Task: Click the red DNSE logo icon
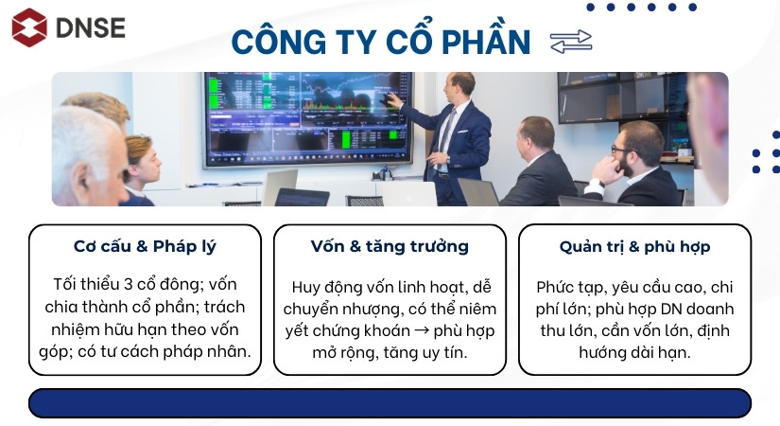click(x=28, y=27)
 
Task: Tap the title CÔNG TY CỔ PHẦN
click(x=381, y=43)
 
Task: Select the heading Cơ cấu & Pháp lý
click(x=145, y=247)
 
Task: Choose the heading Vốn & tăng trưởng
click(x=390, y=247)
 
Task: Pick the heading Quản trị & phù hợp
click(x=634, y=247)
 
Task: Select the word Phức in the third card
click(x=558, y=286)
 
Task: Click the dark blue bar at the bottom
click(x=390, y=402)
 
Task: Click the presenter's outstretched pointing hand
click(x=398, y=99)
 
